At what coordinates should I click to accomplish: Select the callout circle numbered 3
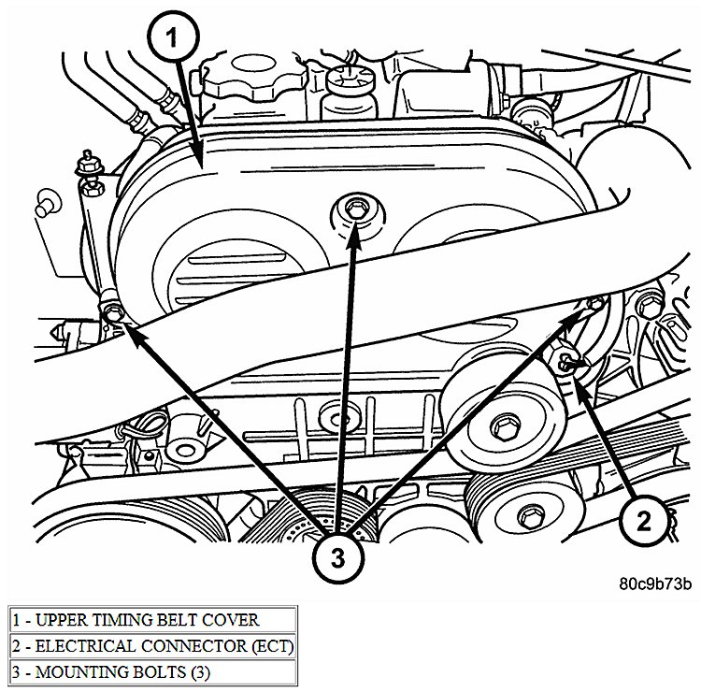click(x=337, y=558)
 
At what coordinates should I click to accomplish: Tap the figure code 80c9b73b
click(x=654, y=584)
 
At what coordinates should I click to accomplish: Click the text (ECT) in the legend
click(x=265, y=645)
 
